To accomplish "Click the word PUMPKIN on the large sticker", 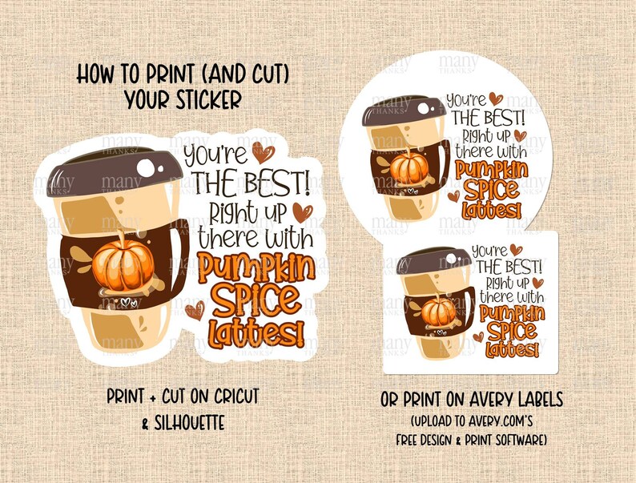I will click(x=256, y=268).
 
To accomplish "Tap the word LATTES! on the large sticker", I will click(x=256, y=332).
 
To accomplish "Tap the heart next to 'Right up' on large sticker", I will click(x=301, y=211).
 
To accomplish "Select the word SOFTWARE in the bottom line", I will click(x=523, y=440).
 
